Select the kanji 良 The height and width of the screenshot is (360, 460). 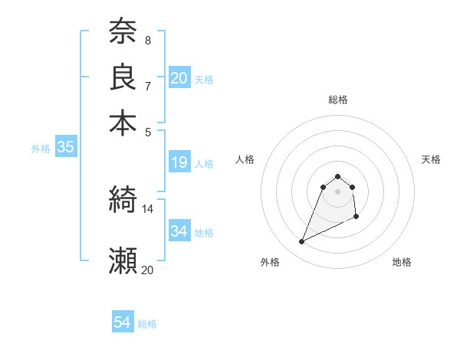[x=123, y=77]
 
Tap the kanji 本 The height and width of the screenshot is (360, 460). [x=123, y=122]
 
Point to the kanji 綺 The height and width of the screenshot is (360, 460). [x=123, y=200]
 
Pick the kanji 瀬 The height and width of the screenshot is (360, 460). [x=123, y=260]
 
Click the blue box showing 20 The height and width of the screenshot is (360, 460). [x=179, y=77]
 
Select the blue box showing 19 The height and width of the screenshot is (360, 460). [x=179, y=162]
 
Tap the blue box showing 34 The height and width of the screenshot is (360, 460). [x=179, y=231]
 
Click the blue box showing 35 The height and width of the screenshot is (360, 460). [x=65, y=148]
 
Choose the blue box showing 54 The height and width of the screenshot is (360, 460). [x=123, y=322]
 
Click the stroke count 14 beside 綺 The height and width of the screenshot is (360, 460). [x=147, y=208]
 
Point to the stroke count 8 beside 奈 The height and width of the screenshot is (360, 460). [x=147, y=40]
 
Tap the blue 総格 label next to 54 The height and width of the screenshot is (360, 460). [x=147, y=324]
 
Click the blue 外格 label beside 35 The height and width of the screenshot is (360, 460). [x=40, y=149]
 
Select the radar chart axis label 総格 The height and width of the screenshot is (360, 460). [x=337, y=100]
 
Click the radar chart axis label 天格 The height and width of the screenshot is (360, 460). [x=431, y=159]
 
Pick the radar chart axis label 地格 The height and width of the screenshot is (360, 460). [x=402, y=263]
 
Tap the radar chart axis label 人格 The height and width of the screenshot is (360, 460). [x=245, y=159]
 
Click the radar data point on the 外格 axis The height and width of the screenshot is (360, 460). [x=302, y=242]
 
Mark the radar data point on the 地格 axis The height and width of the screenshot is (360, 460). [x=357, y=218]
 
